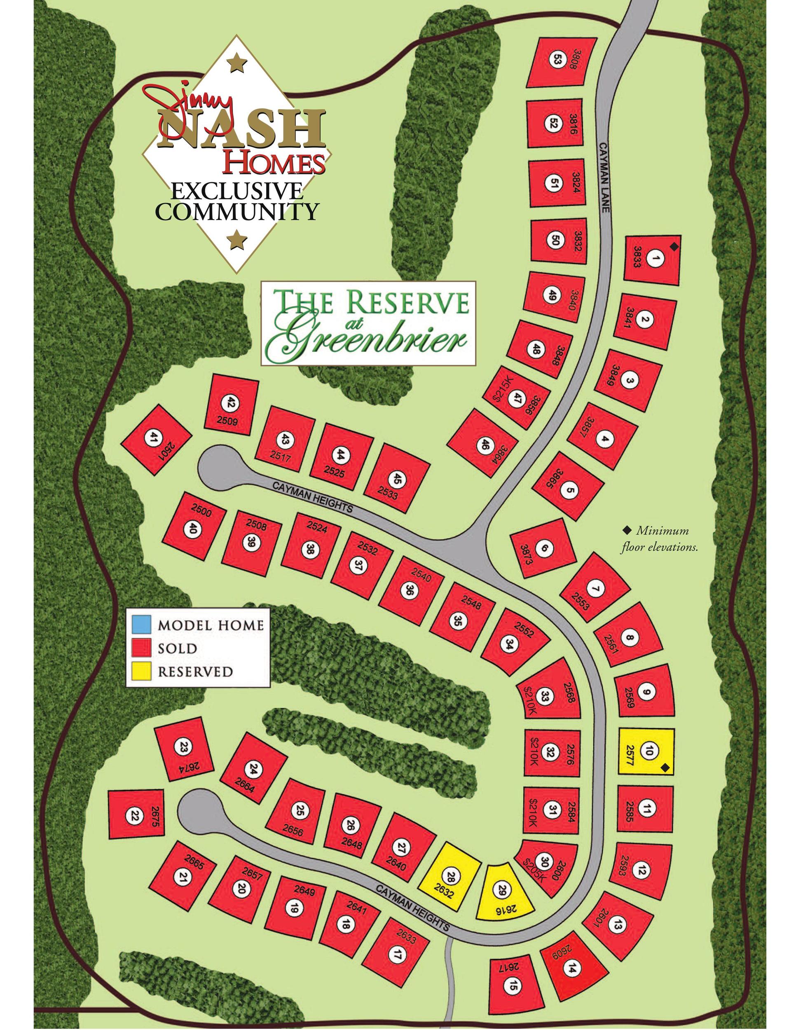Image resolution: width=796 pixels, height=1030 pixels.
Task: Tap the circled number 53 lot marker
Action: coord(557,60)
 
